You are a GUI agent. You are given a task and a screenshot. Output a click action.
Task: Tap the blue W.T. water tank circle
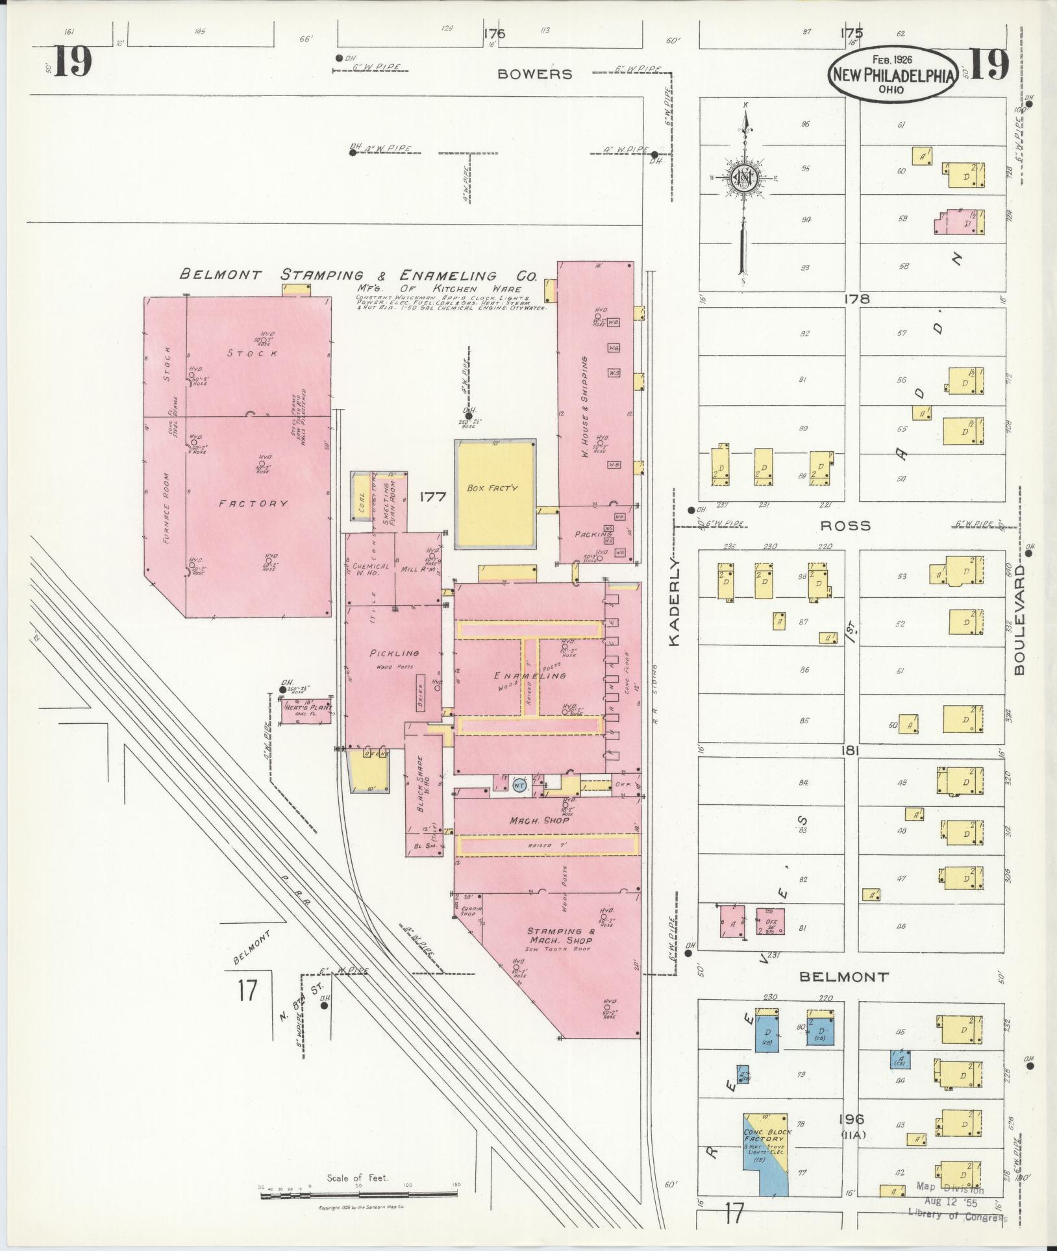[x=518, y=786]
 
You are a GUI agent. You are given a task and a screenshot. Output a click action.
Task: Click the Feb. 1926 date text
[x=893, y=59]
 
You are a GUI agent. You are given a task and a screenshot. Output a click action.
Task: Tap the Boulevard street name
[x=1019, y=619]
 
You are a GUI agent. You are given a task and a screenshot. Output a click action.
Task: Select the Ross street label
[x=845, y=526]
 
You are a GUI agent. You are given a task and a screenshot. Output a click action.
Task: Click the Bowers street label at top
[x=535, y=74]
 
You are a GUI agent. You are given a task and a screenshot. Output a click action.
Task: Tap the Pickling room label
[x=395, y=653]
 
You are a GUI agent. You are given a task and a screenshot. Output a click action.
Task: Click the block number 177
[x=432, y=497]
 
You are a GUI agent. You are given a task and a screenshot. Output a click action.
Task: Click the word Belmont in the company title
[x=220, y=275]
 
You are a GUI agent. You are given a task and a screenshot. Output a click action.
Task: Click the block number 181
[x=851, y=750]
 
